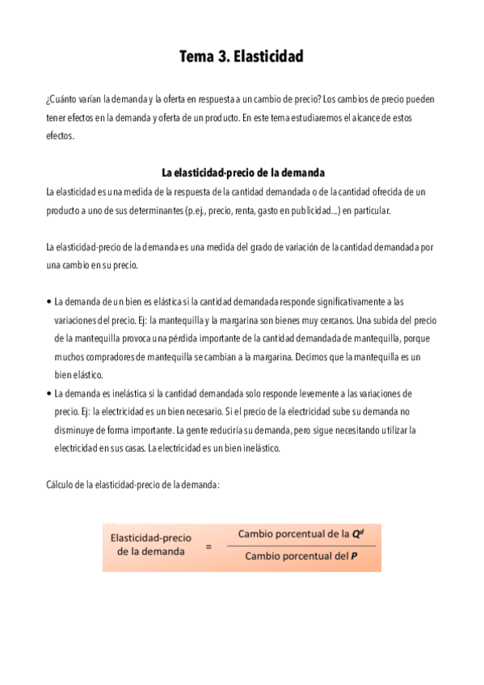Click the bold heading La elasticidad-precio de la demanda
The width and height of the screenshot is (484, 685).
click(242, 173)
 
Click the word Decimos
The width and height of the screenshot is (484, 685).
click(330, 356)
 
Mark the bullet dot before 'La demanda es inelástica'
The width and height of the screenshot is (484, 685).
click(48, 393)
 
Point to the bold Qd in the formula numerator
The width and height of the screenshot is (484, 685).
click(357, 534)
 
